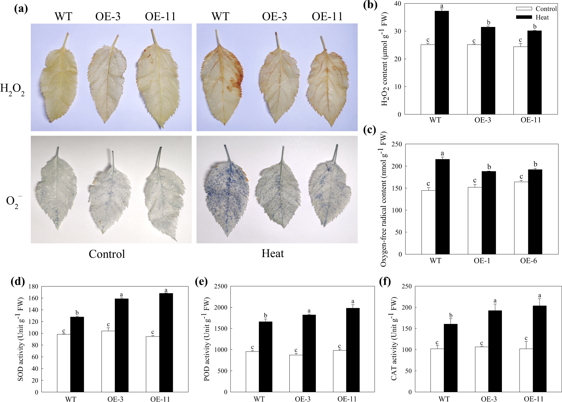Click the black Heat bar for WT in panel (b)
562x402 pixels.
pos(442,63)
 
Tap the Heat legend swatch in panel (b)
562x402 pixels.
pos(524,17)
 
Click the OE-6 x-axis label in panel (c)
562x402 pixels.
pos(528,261)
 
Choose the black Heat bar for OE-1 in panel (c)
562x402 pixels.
pos(489,213)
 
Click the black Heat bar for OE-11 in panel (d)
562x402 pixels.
pos(166,343)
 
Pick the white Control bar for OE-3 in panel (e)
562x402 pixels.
pos(296,374)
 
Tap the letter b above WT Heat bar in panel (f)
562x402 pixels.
pos(451,315)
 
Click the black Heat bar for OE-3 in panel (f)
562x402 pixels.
pos(495,351)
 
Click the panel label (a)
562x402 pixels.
pos(21,9)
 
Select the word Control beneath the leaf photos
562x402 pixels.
pos(107,254)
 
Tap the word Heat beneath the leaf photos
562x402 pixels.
pos(273,254)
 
